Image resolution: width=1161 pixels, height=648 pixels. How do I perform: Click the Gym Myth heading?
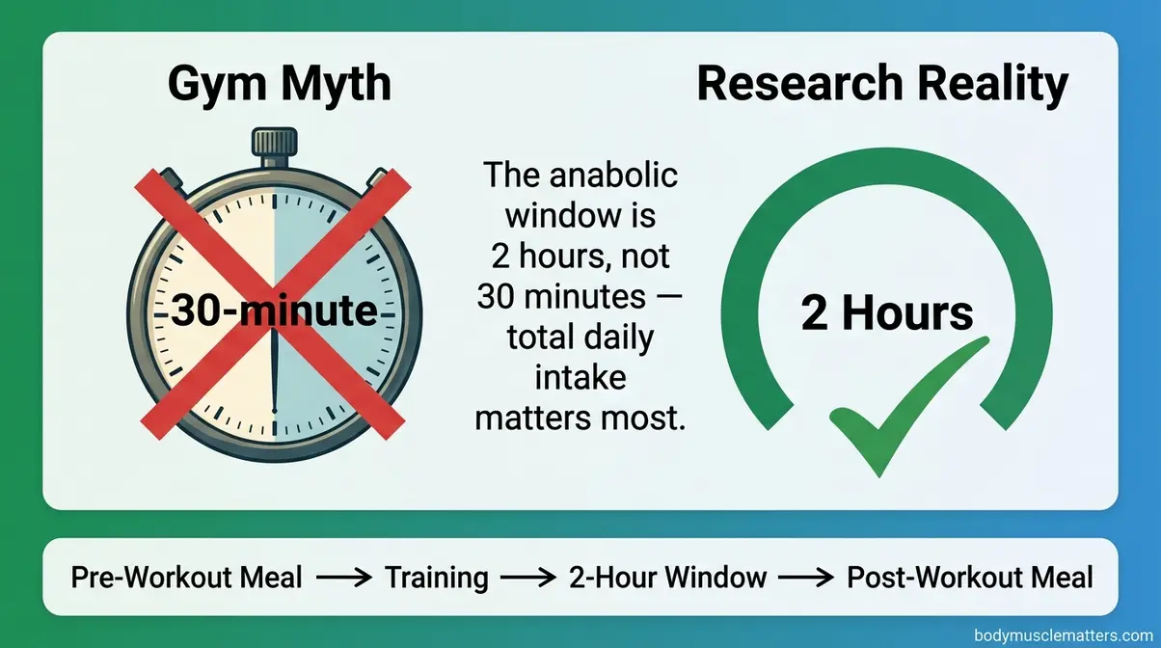pos(279,84)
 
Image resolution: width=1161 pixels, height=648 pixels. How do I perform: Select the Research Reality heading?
pos(881,84)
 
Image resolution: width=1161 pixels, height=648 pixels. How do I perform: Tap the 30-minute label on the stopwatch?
pos(273,311)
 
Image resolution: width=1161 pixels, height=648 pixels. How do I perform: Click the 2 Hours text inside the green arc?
pos(887,314)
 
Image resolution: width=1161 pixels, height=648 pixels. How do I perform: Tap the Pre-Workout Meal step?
pos(186,578)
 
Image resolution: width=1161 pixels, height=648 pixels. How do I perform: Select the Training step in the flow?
pos(437,578)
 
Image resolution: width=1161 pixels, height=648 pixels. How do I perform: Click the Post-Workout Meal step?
pos(970,578)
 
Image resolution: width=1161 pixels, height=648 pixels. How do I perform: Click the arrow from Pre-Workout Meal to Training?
pos(344,579)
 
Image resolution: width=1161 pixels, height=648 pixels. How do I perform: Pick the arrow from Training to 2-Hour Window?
pos(529,579)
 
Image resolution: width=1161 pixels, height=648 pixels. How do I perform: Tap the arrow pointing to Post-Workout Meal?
pos(806,579)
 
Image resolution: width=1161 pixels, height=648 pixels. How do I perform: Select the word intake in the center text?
pos(580,378)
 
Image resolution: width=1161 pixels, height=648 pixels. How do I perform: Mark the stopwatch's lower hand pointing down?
pos(275,386)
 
